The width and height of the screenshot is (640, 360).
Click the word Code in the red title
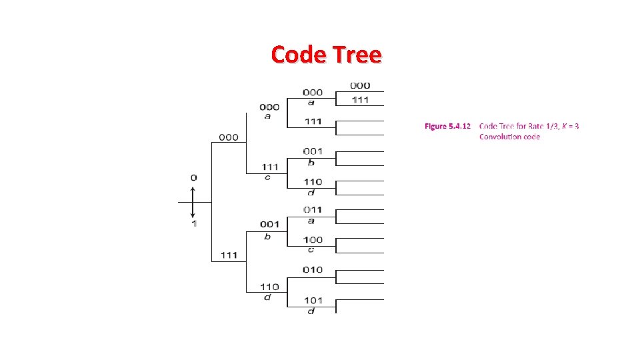pyautogui.click(x=297, y=54)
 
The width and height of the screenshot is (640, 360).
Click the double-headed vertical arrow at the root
pyautogui.click(x=193, y=201)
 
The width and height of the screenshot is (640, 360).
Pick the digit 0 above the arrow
pyautogui.click(x=193, y=178)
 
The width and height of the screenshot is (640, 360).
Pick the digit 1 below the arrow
pyautogui.click(x=194, y=224)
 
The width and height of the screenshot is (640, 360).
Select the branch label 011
pyautogui.click(x=313, y=211)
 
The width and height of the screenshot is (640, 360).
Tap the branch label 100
pyautogui.click(x=313, y=240)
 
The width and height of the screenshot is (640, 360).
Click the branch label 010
pyautogui.click(x=313, y=270)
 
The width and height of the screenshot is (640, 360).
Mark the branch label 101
pyautogui.click(x=313, y=300)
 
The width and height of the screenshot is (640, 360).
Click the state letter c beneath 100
pyautogui.click(x=311, y=249)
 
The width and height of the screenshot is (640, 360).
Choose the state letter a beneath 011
pyautogui.click(x=311, y=220)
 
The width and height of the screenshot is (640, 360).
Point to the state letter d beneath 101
pyautogui.click(x=311, y=311)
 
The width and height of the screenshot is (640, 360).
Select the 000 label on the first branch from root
pyautogui.click(x=229, y=137)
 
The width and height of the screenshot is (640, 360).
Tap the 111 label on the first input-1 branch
pyautogui.click(x=229, y=256)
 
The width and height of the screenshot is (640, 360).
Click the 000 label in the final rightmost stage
pyautogui.click(x=360, y=85)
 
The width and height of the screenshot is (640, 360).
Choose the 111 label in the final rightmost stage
pyautogui.click(x=360, y=99)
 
